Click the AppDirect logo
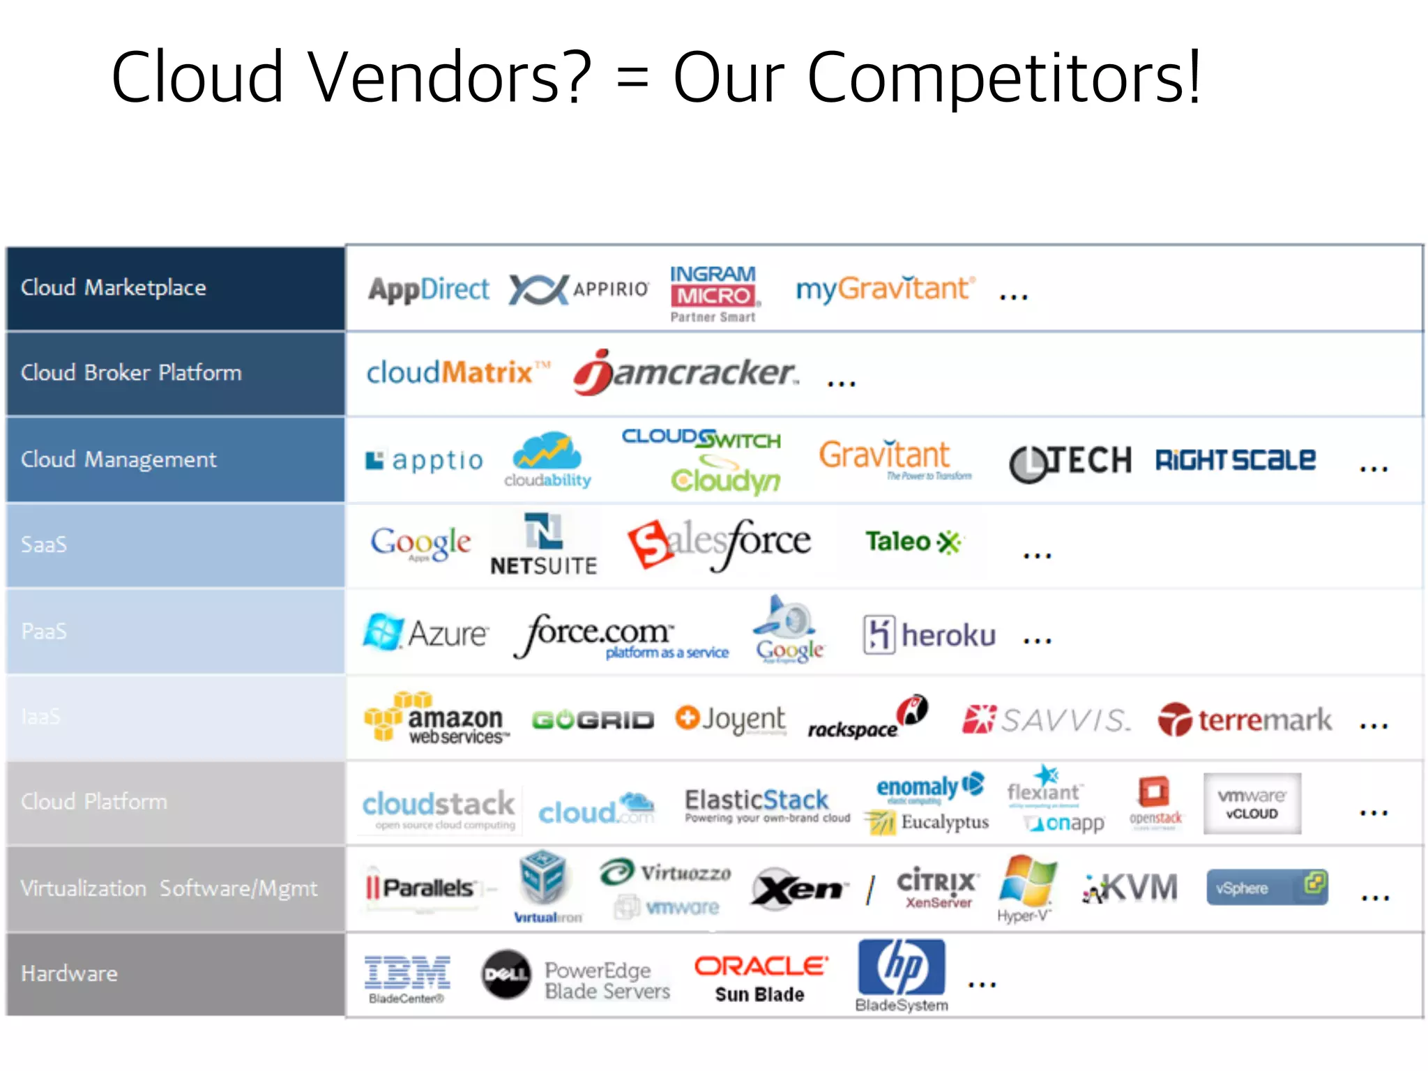(x=429, y=289)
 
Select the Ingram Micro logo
(x=713, y=294)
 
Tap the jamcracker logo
(x=685, y=373)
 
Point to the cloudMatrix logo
(x=457, y=373)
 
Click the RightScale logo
(x=1236, y=460)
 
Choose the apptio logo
(x=425, y=460)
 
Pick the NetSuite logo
(x=544, y=545)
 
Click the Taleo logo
(x=912, y=542)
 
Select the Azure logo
(x=426, y=633)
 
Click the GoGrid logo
(x=593, y=720)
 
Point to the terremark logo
(x=1245, y=720)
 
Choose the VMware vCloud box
(x=1252, y=803)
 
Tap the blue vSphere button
(x=1267, y=888)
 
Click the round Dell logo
(x=506, y=974)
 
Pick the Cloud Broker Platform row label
(x=131, y=373)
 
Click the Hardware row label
(x=69, y=973)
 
